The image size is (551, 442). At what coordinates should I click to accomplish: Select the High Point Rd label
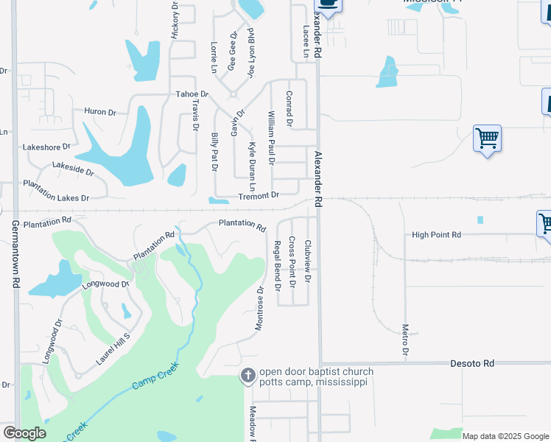click(x=436, y=235)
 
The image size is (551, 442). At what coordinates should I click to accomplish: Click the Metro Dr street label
click(x=405, y=340)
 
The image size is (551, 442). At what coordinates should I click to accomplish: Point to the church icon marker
click(x=248, y=376)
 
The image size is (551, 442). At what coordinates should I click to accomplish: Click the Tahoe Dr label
click(x=192, y=95)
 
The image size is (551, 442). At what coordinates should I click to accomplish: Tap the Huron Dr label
click(x=100, y=112)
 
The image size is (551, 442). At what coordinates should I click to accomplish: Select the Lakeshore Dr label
click(x=46, y=147)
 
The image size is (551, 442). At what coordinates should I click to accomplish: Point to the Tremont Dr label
click(x=258, y=196)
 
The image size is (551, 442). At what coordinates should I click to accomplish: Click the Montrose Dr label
click(x=260, y=309)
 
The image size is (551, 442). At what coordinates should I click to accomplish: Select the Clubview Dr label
click(x=308, y=262)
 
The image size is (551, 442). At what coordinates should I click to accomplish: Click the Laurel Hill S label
click(x=113, y=350)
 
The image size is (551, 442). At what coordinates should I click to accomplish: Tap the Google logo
click(x=24, y=433)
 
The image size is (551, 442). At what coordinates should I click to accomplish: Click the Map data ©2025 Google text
click(x=505, y=436)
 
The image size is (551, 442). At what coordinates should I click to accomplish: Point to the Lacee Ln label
click(x=306, y=42)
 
